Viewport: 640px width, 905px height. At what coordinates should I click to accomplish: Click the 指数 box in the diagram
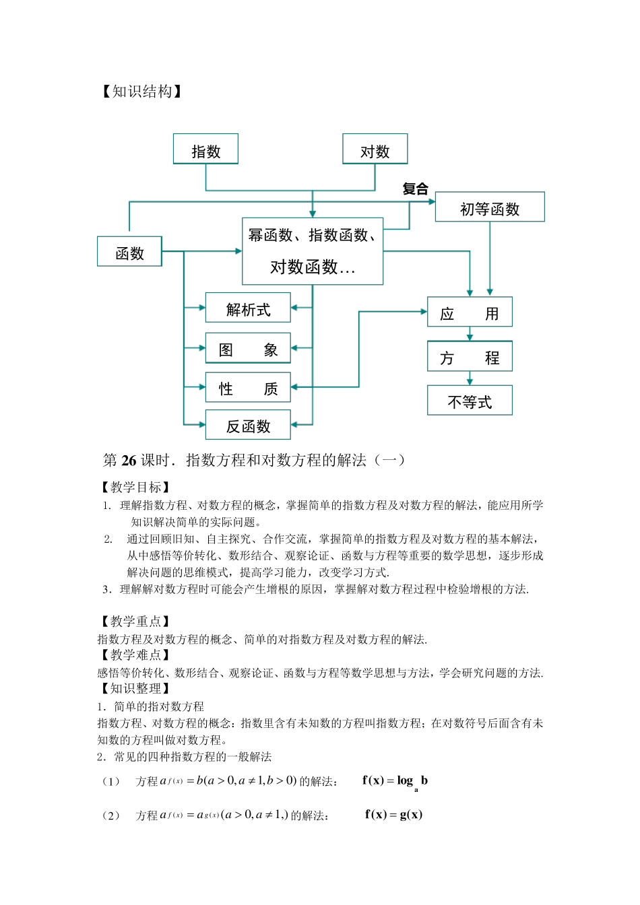point(205,150)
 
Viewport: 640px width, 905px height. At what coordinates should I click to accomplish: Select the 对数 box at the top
point(375,150)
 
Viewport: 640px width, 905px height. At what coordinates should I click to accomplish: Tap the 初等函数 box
point(490,208)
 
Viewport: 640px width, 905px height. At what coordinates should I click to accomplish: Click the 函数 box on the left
point(129,253)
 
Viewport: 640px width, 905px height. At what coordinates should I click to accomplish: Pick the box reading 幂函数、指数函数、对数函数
point(313,251)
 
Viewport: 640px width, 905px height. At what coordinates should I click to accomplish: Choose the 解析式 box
point(248,308)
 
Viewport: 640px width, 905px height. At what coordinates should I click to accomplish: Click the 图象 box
point(248,349)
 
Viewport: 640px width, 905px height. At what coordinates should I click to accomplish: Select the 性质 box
point(248,388)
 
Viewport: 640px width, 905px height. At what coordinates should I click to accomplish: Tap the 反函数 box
point(248,426)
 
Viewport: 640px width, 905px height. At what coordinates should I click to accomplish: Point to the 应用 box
point(470,312)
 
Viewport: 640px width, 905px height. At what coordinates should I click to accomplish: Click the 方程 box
point(470,357)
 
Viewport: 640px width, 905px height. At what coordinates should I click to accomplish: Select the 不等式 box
point(470,401)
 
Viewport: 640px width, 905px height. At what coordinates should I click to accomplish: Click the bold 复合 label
point(416,189)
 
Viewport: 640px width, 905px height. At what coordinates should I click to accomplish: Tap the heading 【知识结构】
point(141,92)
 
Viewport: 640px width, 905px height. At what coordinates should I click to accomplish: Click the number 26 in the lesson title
point(129,461)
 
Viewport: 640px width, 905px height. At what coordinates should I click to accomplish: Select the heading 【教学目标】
point(135,487)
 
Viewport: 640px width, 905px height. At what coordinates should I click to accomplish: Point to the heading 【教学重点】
point(135,622)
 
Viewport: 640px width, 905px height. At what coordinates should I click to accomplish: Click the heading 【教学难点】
point(135,655)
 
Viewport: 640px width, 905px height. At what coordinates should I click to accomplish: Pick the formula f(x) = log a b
point(395,781)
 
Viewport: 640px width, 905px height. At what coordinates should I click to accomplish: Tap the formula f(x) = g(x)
point(393,815)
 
